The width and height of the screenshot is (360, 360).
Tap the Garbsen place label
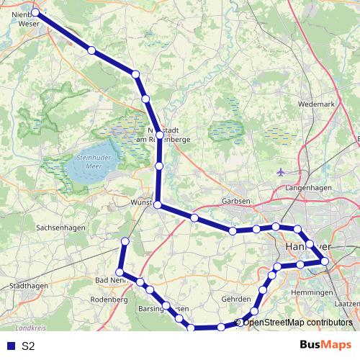point(235,202)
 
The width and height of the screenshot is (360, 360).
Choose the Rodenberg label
point(109,299)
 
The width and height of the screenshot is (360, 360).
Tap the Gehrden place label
point(235,299)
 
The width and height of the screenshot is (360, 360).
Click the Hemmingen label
point(312,293)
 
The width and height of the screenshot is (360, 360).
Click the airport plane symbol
point(281,171)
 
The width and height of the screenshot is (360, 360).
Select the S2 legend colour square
point(10,346)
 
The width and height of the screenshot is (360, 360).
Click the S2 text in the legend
point(28,346)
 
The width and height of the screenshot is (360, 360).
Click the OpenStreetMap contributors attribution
point(297,323)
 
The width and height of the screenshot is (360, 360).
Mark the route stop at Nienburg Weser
point(35,12)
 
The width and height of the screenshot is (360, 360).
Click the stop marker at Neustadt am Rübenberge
point(159,135)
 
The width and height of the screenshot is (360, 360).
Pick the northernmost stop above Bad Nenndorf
point(125,241)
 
